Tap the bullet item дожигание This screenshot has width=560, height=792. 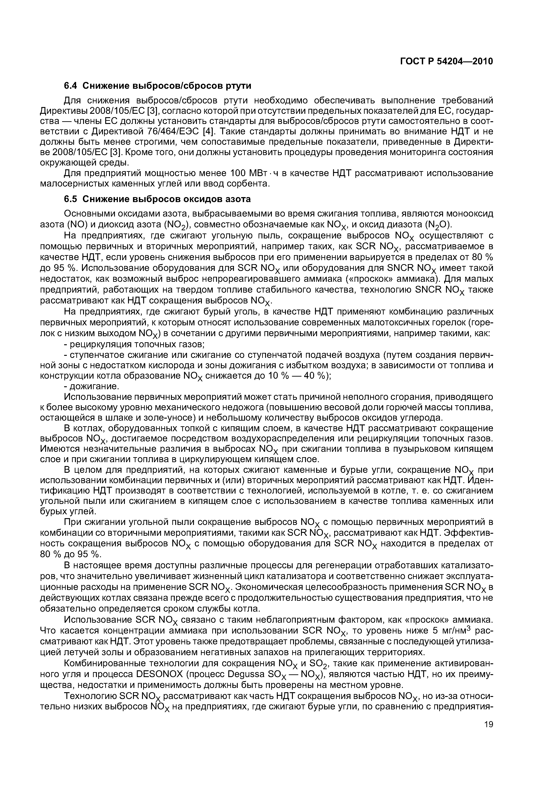pos(94,386)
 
